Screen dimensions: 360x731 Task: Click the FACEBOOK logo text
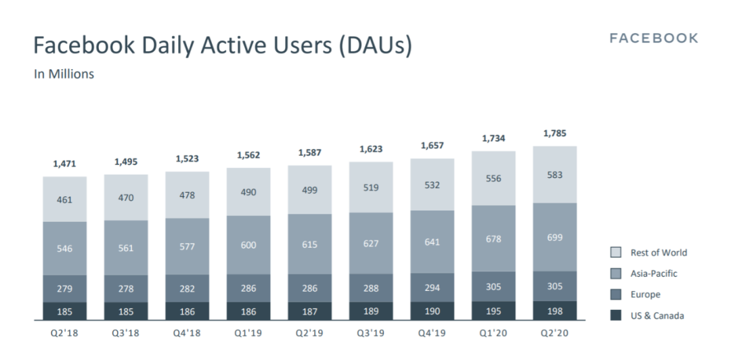tap(653, 39)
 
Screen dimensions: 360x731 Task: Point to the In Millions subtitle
tap(64, 74)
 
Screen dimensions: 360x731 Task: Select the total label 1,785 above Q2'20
tap(555, 134)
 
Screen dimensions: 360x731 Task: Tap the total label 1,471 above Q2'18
tap(65, 164)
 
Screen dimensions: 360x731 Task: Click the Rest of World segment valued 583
tap(555, 175)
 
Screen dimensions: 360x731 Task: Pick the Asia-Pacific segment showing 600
tap(248, 245)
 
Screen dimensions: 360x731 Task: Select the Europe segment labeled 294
tap(433, 288)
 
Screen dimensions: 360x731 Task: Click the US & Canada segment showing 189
tap(371, 311)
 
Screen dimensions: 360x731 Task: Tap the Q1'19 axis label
tap(248, 333)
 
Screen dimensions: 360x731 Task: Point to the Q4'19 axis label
tap(433, 333)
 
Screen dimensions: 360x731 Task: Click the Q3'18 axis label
tap(126, 333)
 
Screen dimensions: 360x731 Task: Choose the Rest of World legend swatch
tap(616, 253)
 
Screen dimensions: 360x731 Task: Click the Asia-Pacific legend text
tap(653, 273)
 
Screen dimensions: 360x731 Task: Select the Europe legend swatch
tap(616, 295)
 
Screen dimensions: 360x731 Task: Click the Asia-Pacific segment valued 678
tap(493, 238)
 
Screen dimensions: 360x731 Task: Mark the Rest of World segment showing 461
tap(65, 200)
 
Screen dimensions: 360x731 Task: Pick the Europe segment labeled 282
tap(187, 289)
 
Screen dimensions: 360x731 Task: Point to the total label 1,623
tap(371, 150)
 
